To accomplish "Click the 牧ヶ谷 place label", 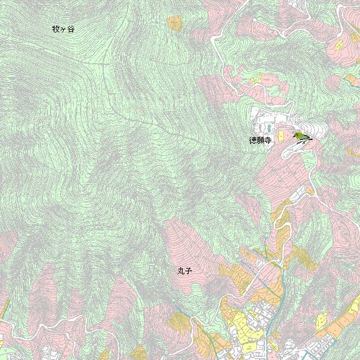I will click(63, 29).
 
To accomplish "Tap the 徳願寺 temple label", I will click(261, 141).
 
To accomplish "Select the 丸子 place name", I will click(184, 271).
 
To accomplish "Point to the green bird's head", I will click(296, 135).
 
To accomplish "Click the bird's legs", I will click(301, 142).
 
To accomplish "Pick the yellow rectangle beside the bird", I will click(281, 136).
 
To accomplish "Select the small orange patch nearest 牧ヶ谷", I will click(174, 23).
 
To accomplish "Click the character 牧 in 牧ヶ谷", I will click(56, 29).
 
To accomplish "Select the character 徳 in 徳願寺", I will click(253, 141).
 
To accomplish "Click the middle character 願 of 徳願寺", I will click(261, 141).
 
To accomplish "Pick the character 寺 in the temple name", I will click(268, 141).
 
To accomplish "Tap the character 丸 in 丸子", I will click(180, 271).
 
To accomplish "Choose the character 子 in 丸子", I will click(187, 271).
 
